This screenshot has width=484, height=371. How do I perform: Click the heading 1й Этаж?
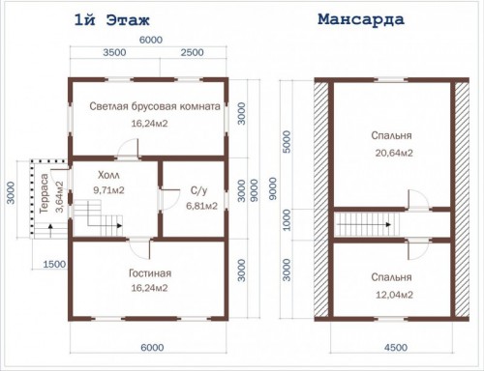pyautogui.click(x=112, y=20)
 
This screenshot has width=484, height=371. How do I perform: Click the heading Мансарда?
pyautogui.click(x=361, y=19)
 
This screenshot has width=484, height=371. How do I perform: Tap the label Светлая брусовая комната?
pyautogui.click(x=155, y=106)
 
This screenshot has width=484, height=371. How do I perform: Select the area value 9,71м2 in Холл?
pyautogui.click(x=108, y=190)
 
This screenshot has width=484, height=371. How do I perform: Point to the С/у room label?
pyautogui.click(x=198, y=191)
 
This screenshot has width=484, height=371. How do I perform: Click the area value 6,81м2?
pyautogui.click(x=201, y=206)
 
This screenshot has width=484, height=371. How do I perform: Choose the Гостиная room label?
pyautogui.click(x=150, y=273)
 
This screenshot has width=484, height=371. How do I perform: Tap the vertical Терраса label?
pyautogui.click(x=44, y=193)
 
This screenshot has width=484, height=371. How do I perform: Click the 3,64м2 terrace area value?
pyautogui.click(x=59, y=197)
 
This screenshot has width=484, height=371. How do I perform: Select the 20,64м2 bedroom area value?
pyautogui.click(x=394, y=153)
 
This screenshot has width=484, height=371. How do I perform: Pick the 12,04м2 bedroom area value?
pyautogui.click(x=394, y=295)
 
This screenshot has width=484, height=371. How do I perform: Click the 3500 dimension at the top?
pyautogui.click(x=114, y=52)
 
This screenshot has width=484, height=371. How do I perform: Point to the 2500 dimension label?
pyautogui.click(x=193, y=52)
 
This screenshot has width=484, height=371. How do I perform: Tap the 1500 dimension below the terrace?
pyautogui.click(x=54, y=265)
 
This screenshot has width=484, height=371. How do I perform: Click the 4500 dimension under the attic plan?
pyautogui.click(x=396, y=348)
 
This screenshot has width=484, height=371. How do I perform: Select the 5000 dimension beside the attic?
pyautogui.click(x=287, y=142)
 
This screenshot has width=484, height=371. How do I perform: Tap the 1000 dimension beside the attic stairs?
pyautogui.click(x=287, y=220)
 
